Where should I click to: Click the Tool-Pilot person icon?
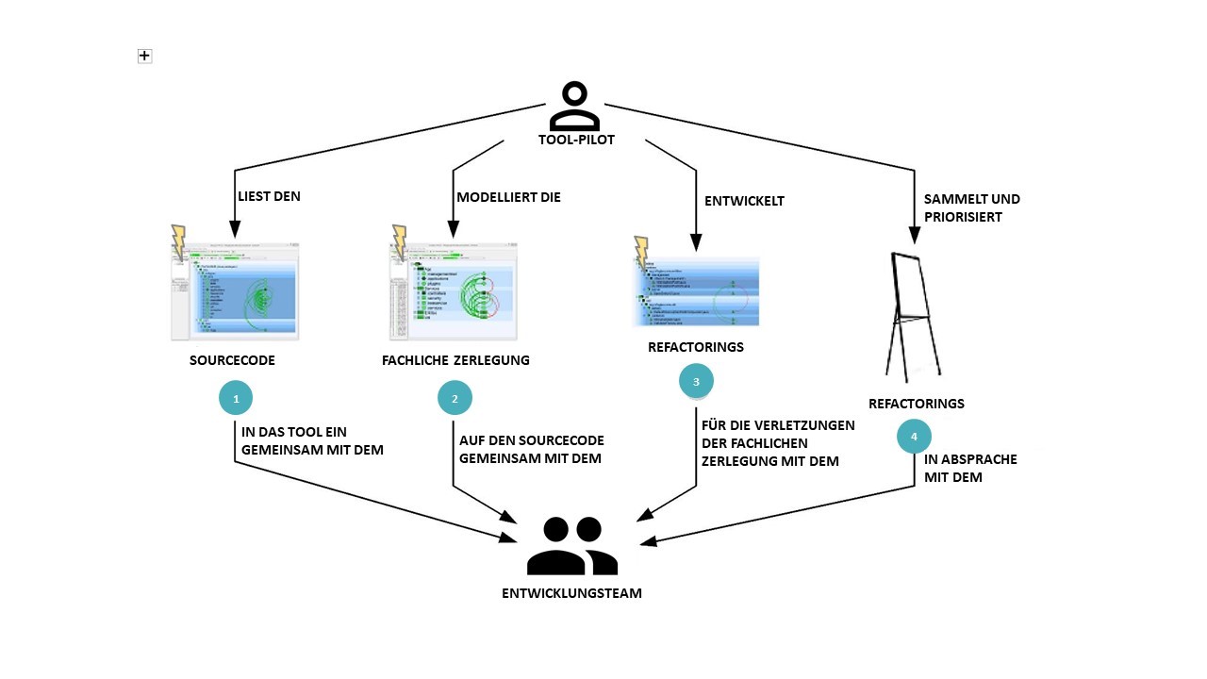coord(574,106)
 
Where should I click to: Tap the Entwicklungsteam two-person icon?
coord(572,546)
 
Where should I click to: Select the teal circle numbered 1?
coord(236,398)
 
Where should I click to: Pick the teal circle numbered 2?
coord(455,398)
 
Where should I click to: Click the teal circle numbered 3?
coord(696,381)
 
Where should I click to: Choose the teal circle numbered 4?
coord(914,437)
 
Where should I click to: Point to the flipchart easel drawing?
coord(913,315)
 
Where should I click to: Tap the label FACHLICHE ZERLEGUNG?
coord(455,360)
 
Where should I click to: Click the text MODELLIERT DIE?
coord(508,197)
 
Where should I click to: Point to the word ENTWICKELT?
coord(744,201)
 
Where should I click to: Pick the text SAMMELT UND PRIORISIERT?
coord(971,207)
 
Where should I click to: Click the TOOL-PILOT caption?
coord(576,141)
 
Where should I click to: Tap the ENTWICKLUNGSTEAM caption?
coord(572,593)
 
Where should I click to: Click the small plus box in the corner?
coord(144,57)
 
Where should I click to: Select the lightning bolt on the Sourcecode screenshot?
coord(177,242)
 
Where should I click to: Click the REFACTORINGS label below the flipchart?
coord(916,404)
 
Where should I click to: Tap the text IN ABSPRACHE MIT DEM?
coord(970,469)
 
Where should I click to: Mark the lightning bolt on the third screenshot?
coord(642,252)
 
